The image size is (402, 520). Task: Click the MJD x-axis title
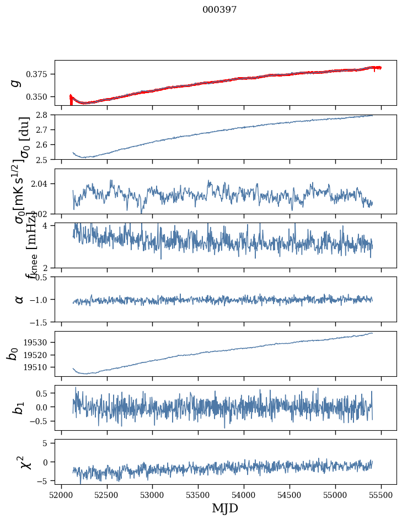(x=225, y=508)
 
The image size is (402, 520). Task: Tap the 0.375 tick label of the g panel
(x=41, y=74)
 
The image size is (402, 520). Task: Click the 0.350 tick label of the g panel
(x=41, y=97)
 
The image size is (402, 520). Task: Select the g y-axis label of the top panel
(x=17, y=83)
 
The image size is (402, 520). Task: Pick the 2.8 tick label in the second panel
(x=45, y=115)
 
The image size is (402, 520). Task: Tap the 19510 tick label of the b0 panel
(x=39, y=367)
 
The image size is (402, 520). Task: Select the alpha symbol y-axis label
(x=19, y=299)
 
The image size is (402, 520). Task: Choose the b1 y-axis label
(x=19, y=408)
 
